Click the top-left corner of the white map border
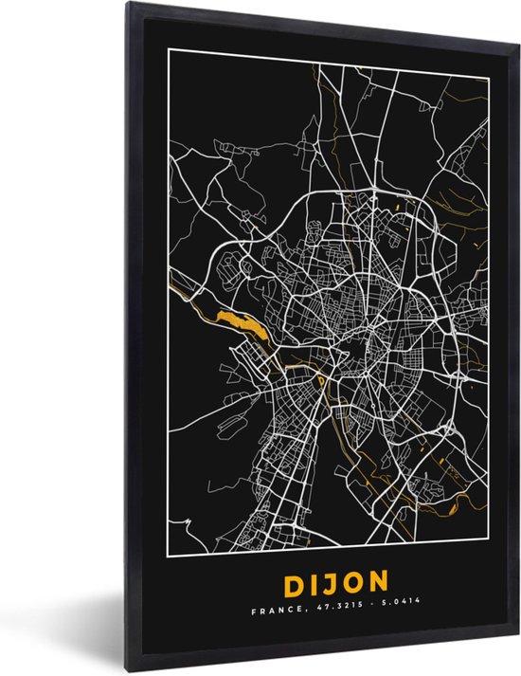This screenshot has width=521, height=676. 169,46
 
